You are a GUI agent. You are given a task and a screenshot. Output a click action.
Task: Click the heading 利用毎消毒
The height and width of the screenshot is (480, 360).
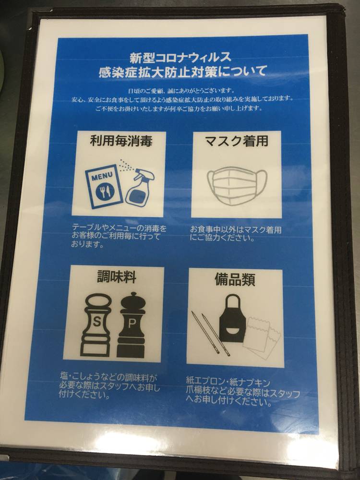[121, 142]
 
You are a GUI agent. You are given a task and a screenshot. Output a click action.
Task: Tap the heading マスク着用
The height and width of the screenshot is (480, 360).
[236, 141]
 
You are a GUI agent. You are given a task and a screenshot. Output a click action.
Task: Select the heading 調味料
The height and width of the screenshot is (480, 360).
[117, 277]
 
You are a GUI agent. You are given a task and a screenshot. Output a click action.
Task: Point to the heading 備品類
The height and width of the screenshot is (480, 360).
[235, 279]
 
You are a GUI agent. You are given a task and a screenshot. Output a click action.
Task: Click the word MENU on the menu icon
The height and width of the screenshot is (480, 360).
[102, 177]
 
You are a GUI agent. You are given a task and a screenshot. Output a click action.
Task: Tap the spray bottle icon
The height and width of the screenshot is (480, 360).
[139, 186]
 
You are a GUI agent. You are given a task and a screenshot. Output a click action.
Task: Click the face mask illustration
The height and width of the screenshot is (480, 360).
[237, 185]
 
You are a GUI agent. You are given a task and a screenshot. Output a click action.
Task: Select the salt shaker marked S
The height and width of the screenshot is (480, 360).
[96, 325]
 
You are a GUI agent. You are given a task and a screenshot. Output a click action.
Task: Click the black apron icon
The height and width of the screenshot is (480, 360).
[232, 318]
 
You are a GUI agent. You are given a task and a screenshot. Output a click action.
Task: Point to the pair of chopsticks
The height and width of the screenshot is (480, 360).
[211, 333]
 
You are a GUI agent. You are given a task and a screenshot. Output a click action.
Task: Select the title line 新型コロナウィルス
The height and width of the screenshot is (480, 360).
[180, 57]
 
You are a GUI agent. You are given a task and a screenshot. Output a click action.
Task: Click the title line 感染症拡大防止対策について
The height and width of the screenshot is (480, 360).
[183, 72]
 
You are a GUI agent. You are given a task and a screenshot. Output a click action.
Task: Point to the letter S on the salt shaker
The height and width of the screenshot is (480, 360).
[96, 322]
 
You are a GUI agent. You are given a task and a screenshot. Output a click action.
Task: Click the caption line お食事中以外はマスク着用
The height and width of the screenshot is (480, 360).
[236, 229]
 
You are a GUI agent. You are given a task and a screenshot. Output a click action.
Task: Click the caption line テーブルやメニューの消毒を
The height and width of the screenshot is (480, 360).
[120, 228]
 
